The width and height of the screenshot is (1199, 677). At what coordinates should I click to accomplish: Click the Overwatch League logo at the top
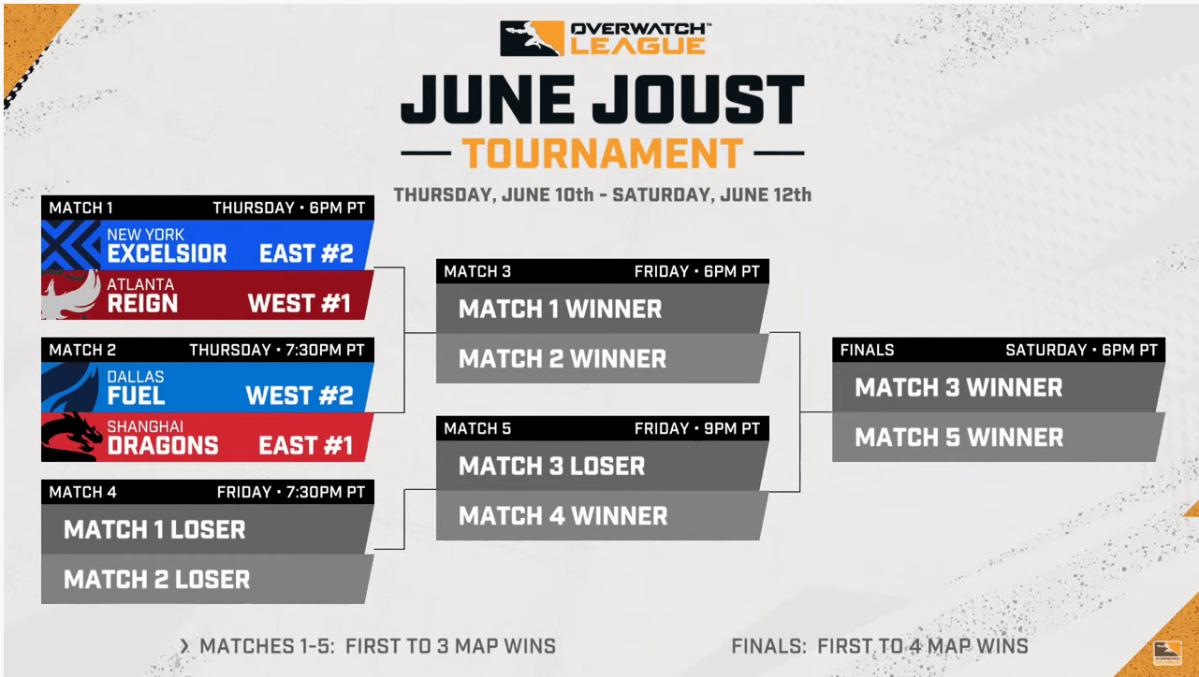coord(603,38)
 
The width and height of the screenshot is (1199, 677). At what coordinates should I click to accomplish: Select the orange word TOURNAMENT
coord(603,153)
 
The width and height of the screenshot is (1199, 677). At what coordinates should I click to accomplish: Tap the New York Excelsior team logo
coord(71,245)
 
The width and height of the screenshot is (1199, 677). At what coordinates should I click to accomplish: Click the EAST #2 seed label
coord(306,254)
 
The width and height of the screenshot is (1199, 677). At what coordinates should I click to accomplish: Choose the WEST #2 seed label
coord(300,396)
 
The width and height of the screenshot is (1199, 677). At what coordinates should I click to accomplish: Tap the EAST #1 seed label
coord(306,446)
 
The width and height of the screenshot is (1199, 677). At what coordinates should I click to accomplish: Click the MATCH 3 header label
coord(477,271)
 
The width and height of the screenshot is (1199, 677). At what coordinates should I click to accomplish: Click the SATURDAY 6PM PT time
coord(1081,350)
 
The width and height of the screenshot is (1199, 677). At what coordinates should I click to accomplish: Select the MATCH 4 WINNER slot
coord(563,516)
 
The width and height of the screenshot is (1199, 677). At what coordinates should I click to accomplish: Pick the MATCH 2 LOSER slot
coord(157,580)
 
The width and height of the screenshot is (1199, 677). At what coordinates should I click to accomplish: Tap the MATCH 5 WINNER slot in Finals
coord(958,438)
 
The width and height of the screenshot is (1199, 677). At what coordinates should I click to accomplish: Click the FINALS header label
coord(867,350)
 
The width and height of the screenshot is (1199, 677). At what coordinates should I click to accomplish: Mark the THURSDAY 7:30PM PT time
coord(276,350)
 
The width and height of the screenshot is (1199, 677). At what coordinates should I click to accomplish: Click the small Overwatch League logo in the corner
coord(1166,653)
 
